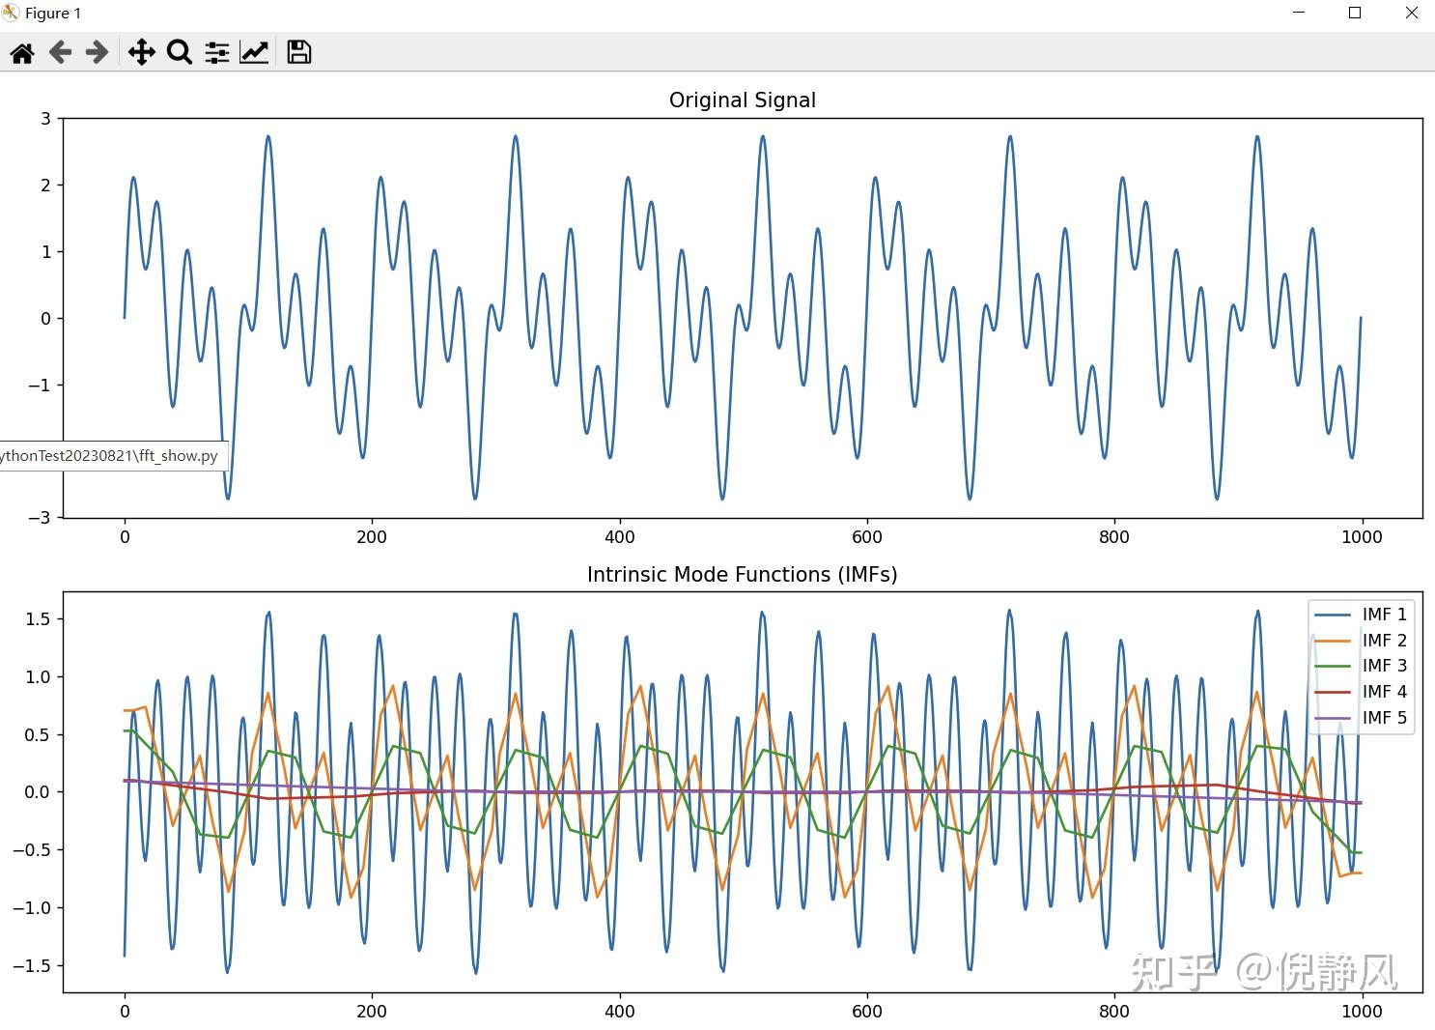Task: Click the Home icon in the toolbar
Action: (22, 52)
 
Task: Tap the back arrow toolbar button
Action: (60, 52)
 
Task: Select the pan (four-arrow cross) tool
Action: (141, 52)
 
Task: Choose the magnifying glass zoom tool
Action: (179, 52)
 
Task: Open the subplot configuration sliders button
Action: (216, 52)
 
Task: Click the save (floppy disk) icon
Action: (299, 52)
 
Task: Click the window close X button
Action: (1411, 14)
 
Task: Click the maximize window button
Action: (1355, 14)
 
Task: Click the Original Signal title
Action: (742, 100)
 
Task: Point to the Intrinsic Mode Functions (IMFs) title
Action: (742, 575)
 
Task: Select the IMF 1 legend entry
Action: (1384, 615)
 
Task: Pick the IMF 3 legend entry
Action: (1384, 666)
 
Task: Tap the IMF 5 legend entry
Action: (1384, 718)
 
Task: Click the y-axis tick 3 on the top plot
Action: (45, 119)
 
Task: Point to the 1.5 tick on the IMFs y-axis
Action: (39, 619)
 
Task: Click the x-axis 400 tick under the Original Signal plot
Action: (619, 537)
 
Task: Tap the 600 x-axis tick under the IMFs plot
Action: (866, 1012)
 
